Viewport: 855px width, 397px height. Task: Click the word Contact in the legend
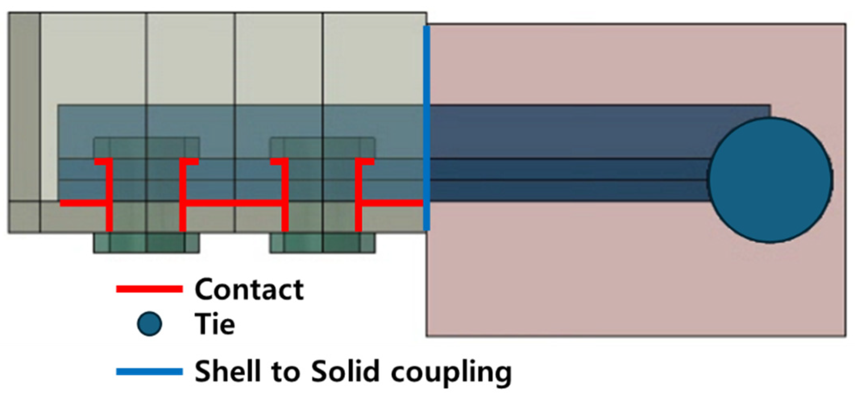pyautogui.click(x=249, y=290)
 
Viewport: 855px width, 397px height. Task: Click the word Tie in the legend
pyautogui.click(x=214, y=324)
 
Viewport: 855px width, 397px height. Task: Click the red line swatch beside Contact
pyautogui.click(x=149, y=290)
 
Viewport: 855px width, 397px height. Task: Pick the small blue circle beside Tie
pyautogui.click(x=149, y=324)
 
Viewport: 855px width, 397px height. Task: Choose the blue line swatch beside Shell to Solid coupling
pyautogui.click(x=149, y=371)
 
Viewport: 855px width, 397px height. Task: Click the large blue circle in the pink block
pyautogui.click(x=770, y=180)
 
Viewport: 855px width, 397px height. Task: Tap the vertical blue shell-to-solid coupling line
pyautogui.click(x=426, y=128)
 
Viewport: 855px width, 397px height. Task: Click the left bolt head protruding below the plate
pyautogui.click(x=146, y=243)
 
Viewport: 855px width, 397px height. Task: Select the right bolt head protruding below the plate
pyautogui.click(x=322, y=243)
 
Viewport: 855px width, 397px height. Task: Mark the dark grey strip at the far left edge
pyautogui.click(x=24, y=107)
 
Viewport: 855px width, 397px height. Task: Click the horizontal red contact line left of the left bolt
pyautogui.click(x=83, y=203)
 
